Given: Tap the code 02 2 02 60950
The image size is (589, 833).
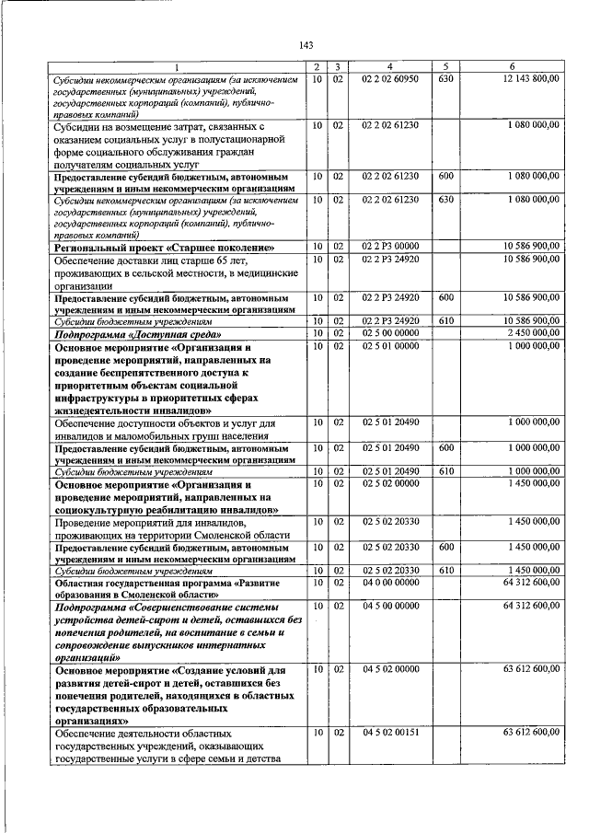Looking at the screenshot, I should pos(390,79).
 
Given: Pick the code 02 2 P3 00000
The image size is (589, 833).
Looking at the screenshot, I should pos(390,247).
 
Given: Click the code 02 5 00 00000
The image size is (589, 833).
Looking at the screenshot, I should pos(390,331).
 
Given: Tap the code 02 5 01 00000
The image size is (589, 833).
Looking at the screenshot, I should pos(390,344).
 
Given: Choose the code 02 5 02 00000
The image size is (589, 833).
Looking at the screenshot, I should pos(390,482).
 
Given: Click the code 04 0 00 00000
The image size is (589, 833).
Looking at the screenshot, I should pos(390,583).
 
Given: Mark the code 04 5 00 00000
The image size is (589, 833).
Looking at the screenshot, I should pos(390,606).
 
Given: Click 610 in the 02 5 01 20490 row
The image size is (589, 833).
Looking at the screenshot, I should pos(446,470).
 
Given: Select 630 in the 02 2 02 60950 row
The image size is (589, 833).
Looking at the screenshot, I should pos(446,79).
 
